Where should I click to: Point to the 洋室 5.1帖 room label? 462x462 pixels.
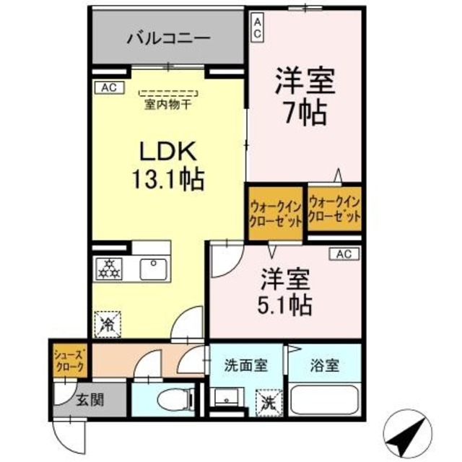point(286,292)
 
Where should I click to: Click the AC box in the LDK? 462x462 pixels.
point(109,88)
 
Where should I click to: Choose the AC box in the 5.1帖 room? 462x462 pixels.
point(344,254)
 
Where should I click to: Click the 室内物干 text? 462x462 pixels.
point(167,105)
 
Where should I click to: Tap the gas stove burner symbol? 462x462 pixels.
point(110,269)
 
